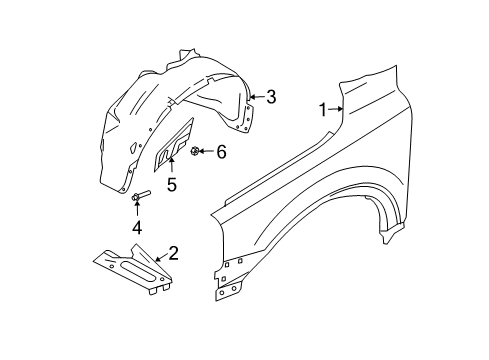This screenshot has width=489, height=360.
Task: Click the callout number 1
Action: pos(323,111)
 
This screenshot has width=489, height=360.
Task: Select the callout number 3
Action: pos(270,96)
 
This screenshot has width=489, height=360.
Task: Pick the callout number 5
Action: pos(172,183)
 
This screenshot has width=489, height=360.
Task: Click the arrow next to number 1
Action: pos(338,110)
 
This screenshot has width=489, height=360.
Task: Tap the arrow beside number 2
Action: pos(157,259)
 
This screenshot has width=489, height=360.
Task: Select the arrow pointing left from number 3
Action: pos(254,96)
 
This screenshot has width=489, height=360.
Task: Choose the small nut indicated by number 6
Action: pos(195,151)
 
